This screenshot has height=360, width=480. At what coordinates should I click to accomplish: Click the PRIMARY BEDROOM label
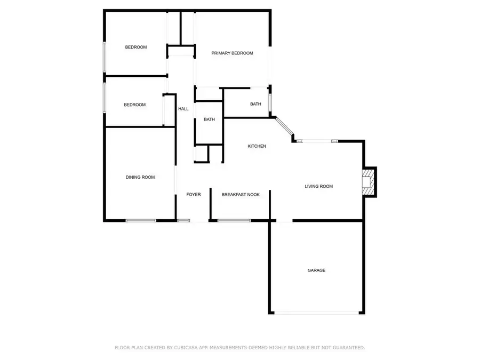pyautogui.click(x=232, y=53)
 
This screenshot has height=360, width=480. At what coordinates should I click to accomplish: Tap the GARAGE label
pyautogui.click(x=316, y=270)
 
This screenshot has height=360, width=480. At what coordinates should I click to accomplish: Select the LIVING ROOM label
pyautogui.click(x=319, y=186)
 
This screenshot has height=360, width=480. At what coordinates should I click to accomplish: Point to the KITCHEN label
pyautogui.click(x=257, y=146)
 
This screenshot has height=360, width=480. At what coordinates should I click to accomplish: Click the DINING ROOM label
pyautogui.click(x=140, y=177)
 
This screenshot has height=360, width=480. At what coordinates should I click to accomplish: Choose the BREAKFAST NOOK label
pyautogui.click(x=241, y=195)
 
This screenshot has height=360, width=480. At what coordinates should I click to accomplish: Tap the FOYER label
pyautogui.click(x=194, y=195)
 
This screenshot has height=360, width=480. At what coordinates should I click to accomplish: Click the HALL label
pyautogui.click(x=183, y=109)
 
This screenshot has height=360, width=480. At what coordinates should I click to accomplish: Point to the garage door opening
pyautogui.click(x=316, y=313)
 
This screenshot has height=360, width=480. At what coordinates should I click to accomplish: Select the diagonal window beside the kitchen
pyautogui.click(x=284, y=126)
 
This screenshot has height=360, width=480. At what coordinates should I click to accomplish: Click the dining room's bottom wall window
pyautogui.click(x=141, y=220)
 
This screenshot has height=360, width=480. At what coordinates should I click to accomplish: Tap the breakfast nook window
pyautogui.click(x=234, y=220)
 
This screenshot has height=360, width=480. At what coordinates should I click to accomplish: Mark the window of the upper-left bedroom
pyautogui.click(x=105, y=57)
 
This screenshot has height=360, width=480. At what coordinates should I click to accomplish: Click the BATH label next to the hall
pyautogui.click(x=210, y=119)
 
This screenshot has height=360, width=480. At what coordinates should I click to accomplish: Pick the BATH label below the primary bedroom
pyautogui.click(x=255, y=105)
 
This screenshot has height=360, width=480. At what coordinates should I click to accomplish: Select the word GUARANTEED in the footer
pyautogui.click(x=349, y=348)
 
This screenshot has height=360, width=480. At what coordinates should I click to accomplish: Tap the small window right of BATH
pyautogui.click(x=270, y=102)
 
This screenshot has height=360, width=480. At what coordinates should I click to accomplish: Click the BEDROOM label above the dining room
pyautogui.click(x=135, y=105)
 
